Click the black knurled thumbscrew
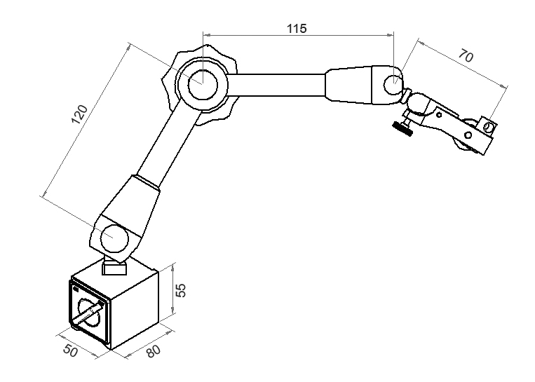pyautogui.click(x=402, y=128)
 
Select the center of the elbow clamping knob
pyautogui.click(x=200, y=83)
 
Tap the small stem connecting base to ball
pyautogui.click(x=114, y=267)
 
